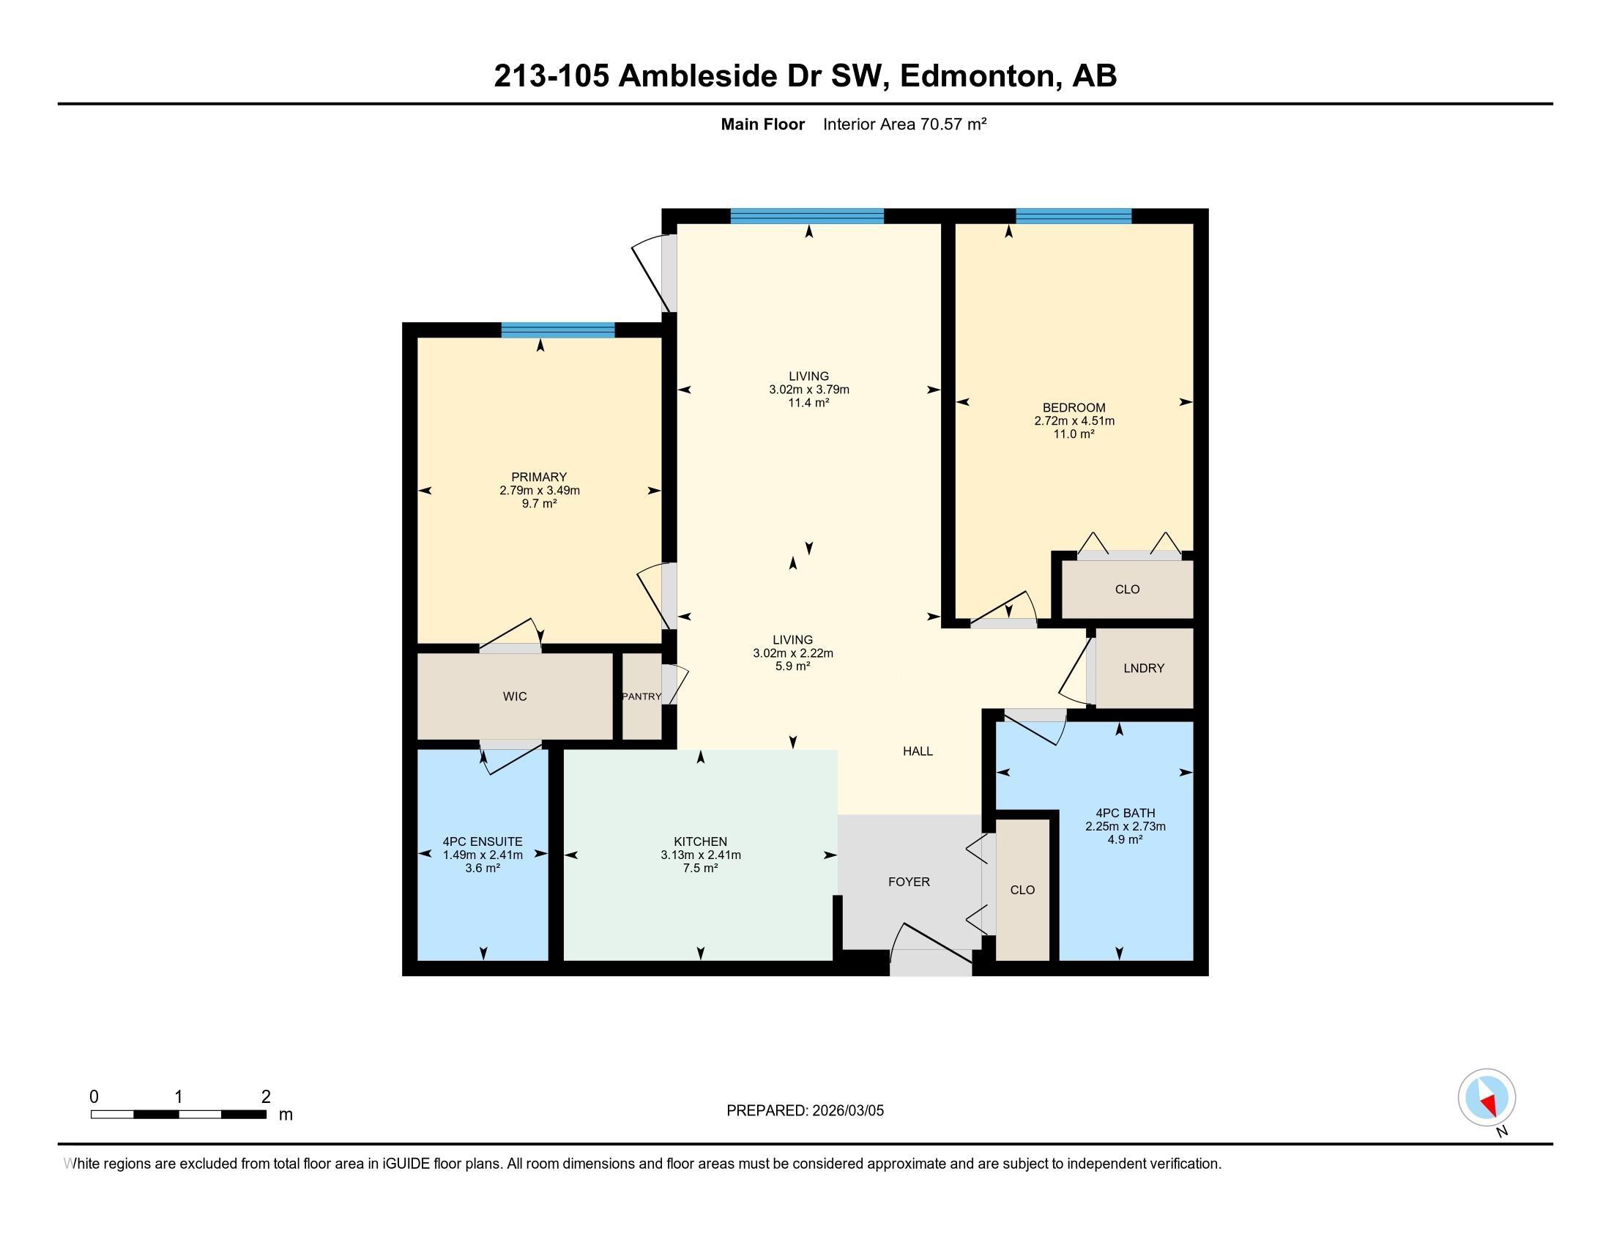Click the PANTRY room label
click(641, 696)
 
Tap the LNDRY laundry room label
click(1143, 667)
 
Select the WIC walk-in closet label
click(514, 696)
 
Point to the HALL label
click(918, 751)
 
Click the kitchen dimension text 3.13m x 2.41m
click(700, 855)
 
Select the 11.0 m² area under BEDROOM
click(1074, 434)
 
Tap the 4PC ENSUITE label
click(483, 841)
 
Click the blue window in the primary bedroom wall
click(558, 330)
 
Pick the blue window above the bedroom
click(1074, 216)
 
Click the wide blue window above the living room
click(807, 216)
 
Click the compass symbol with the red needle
click(1487, 1098)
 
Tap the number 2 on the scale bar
click(266, 1097)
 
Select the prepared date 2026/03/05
click(847, 1111)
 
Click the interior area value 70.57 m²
click(952, 124)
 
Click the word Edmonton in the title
click(978, 76)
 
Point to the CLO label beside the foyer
click(1022, 890)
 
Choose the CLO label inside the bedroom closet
click(1127, 590)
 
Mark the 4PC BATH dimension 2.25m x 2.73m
click(1125, 826)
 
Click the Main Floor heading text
click(762, 124)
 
